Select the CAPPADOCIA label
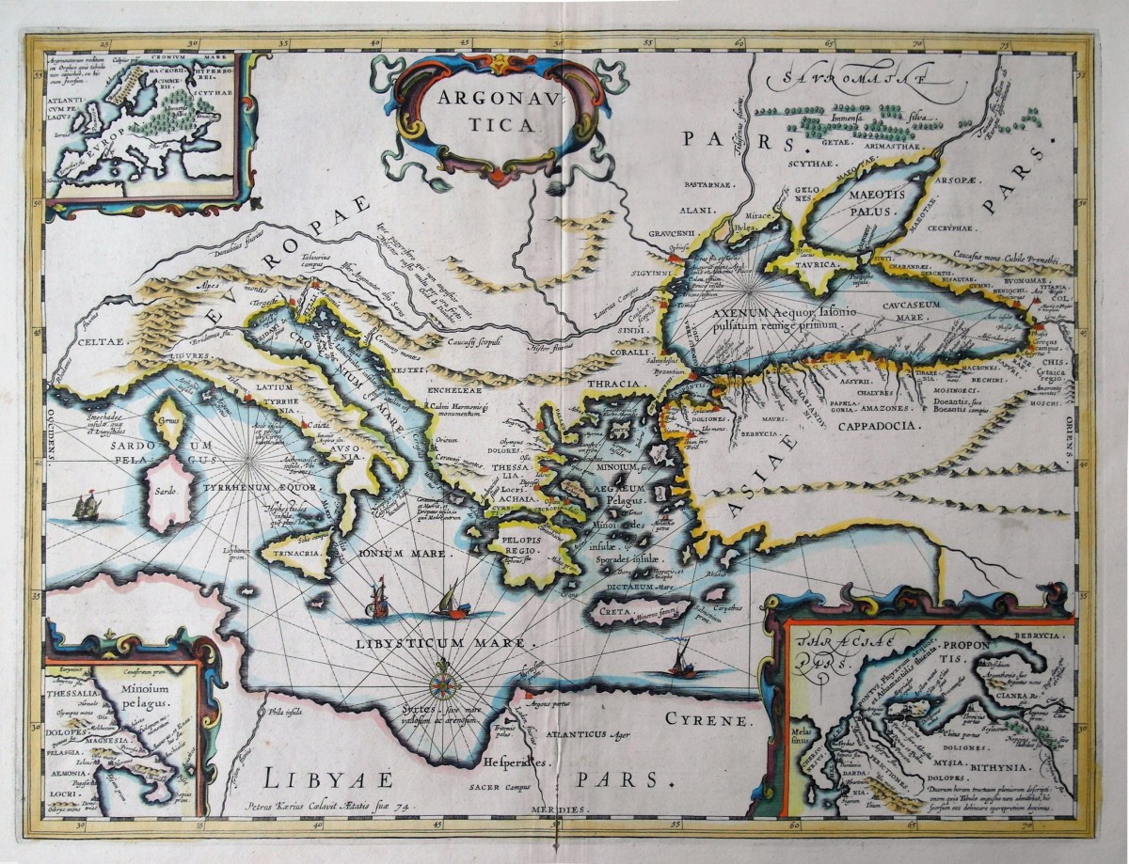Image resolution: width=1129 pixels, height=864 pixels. (x=867, y=425)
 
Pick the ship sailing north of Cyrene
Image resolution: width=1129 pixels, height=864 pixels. (x=679, y=662)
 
